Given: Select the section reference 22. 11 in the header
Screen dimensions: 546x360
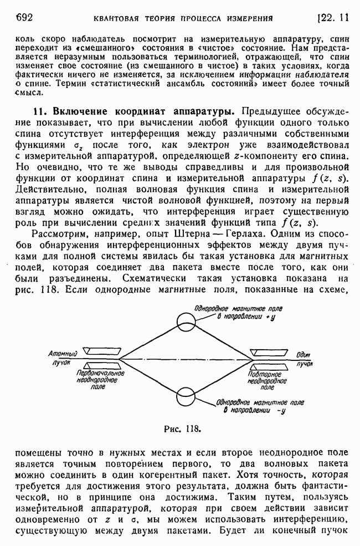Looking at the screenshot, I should [x=333, y=17].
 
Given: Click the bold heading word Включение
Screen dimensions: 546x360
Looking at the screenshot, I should [x=77, y=111].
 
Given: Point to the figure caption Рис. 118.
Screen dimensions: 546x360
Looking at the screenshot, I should [x=182, y=428].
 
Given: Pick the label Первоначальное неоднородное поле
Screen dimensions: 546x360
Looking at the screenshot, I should [x=100, y=380].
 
